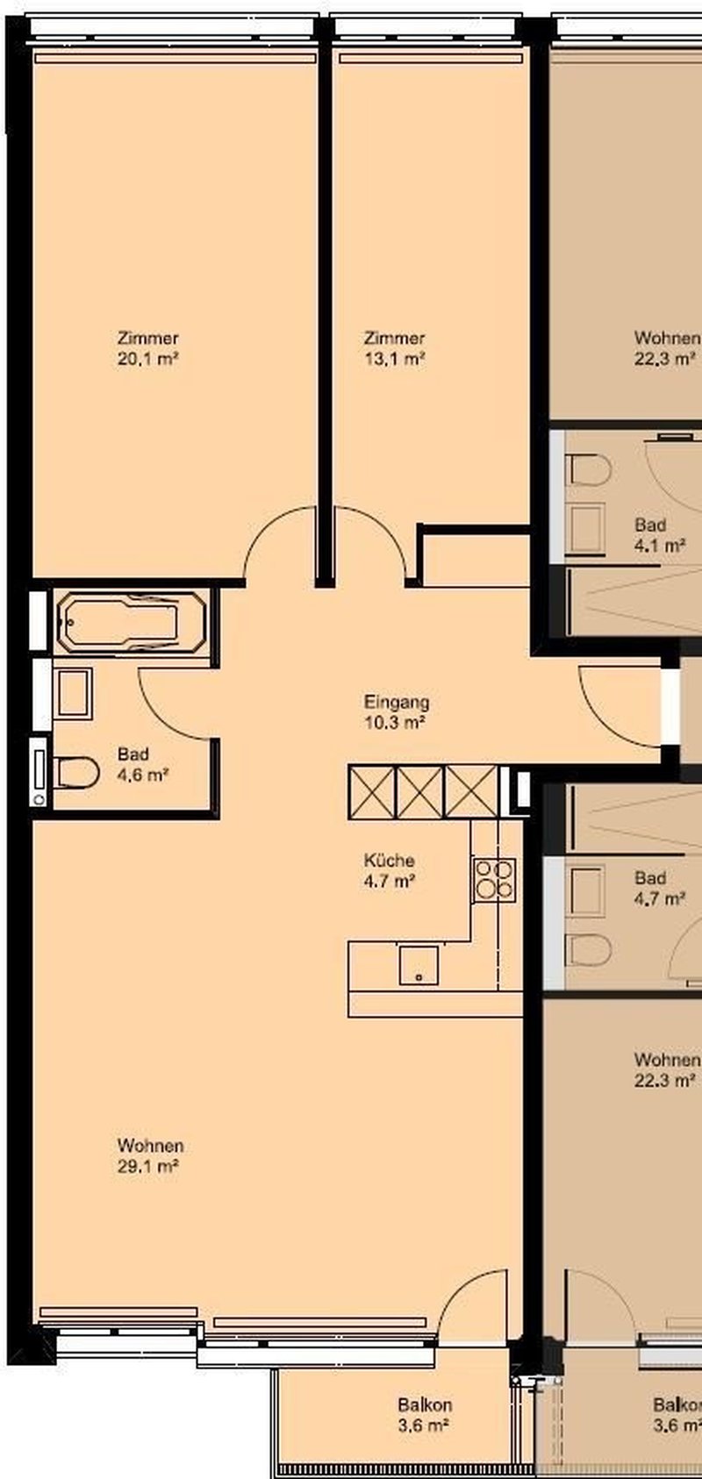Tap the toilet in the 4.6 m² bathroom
(x=75, y=773)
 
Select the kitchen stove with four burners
(x=495, y=880)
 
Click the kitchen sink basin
(x=418, y=965)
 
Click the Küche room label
(x=389, y=861)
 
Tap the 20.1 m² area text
(x=148, y=359)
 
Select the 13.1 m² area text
(x=394, y=359)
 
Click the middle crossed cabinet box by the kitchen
(x=420, y=791)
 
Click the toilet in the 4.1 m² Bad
(x=589, y=469)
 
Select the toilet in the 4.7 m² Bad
(x=589, y=950)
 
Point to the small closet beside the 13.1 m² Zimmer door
(x=476, y=559)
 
